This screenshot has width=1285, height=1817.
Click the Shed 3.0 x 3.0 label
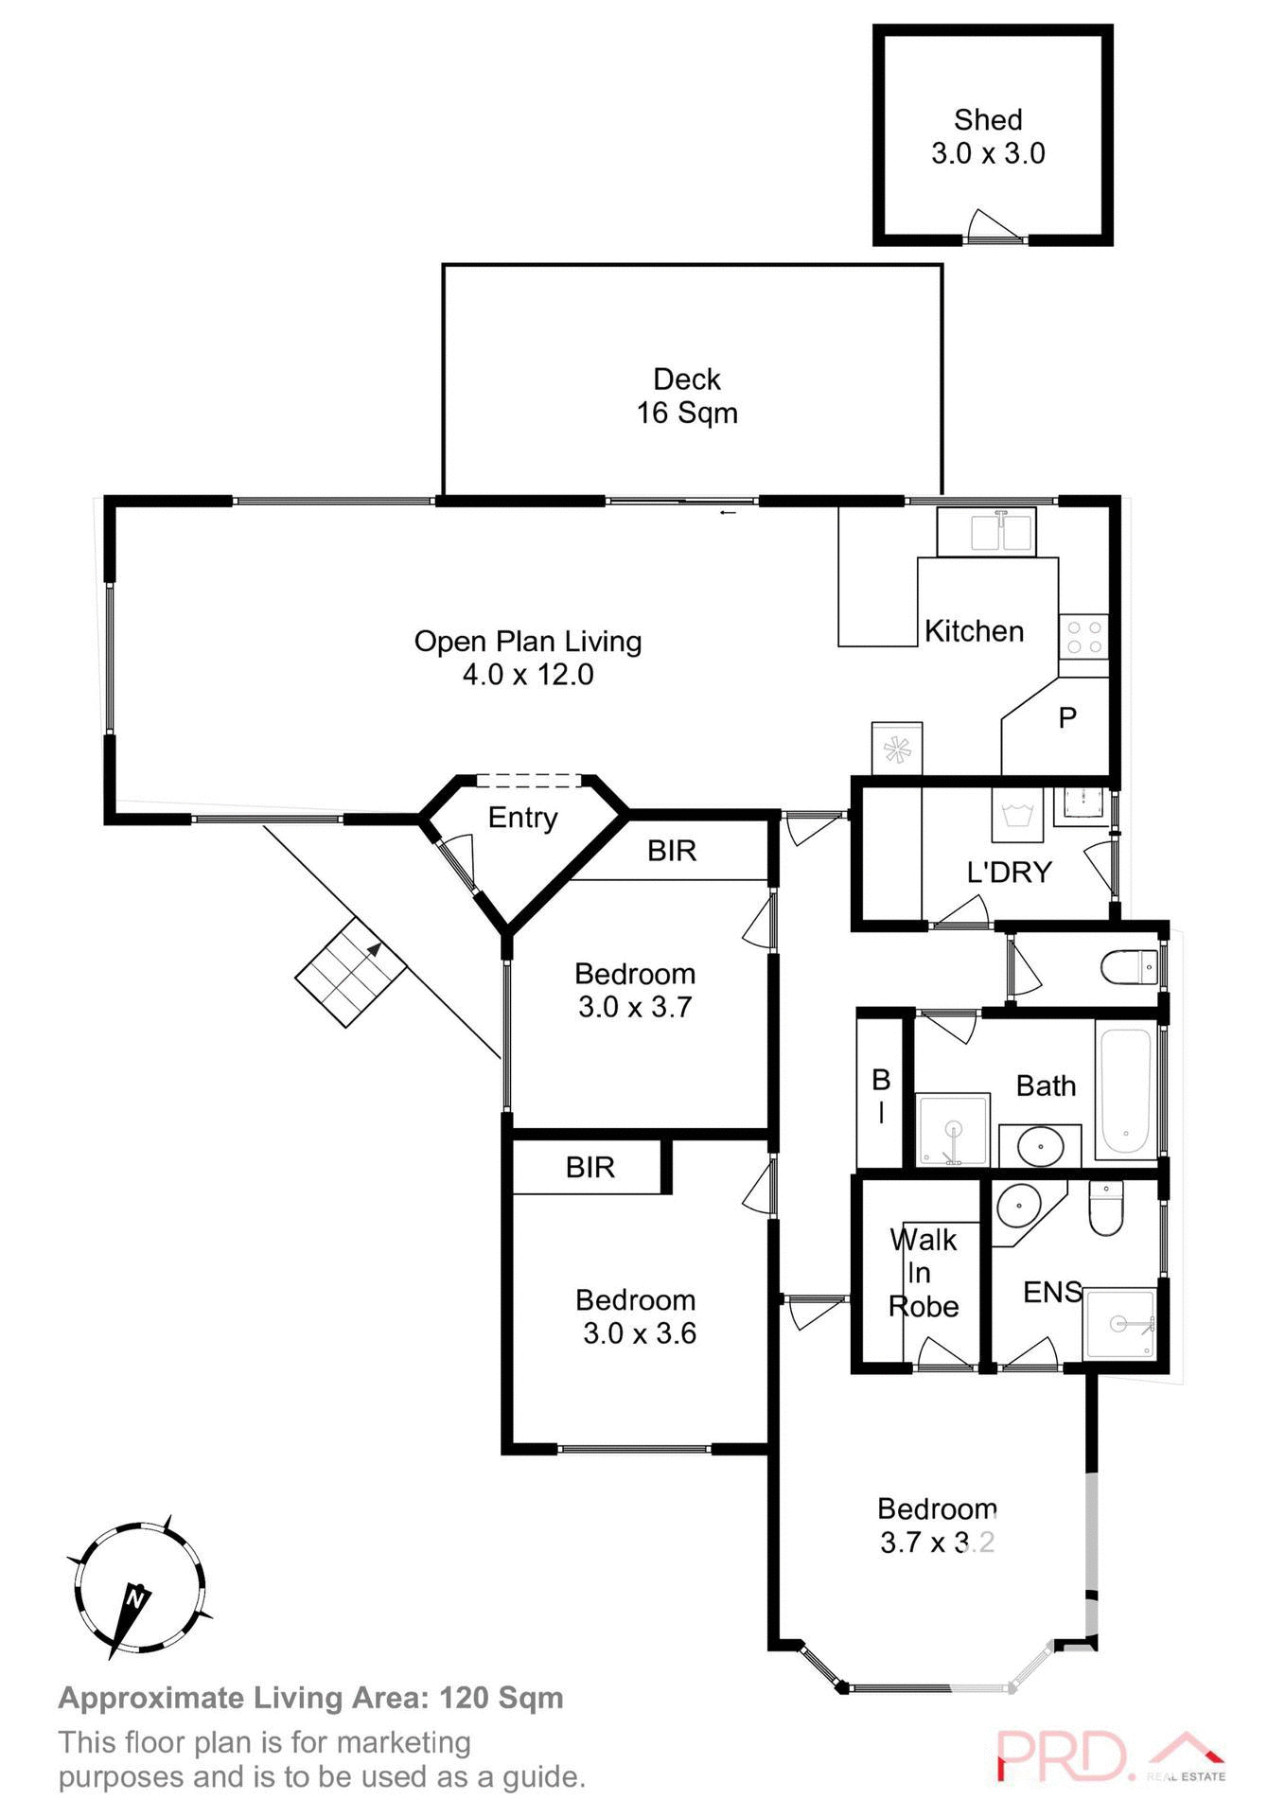pyautogui.click(x=988, y=136)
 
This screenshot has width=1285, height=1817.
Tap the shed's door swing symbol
pyautogui.click(x=994, y=227)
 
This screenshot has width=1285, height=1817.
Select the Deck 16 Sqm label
pyautogui.click(x=687, y=396)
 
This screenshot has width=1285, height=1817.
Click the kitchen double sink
pyautogui.click(x=986, y=532)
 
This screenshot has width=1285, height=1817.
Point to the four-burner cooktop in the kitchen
pyautogui.click(x=1083, y=636)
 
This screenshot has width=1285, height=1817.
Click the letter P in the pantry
pyautogui.click(x=1067, y=718)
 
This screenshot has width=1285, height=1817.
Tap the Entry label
pyautogui.click(x=522, y=818)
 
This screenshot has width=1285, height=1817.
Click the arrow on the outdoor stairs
pyautogui.click(x=374, y=949)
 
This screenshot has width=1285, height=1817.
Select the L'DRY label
pyautogui.click(x=1009, y=872)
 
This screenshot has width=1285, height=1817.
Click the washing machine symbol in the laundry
pyautogui.click(x=1017, y=815)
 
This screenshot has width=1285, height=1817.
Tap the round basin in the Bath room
pyautogui.click(x=1039, y=1147)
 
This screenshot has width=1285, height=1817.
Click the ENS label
pyautogui.click(x=1051, y=1292)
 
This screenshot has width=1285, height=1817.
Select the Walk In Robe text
pyautogui.click(x=923, y=1273)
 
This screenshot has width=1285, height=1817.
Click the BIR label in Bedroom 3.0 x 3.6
pyautogui.click(x=590, y=1167)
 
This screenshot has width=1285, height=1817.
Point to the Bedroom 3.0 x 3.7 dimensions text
pyautogui.click(x=635, y=1007)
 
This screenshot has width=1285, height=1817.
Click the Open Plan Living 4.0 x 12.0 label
pyautogui.click(x=528, y=658)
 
